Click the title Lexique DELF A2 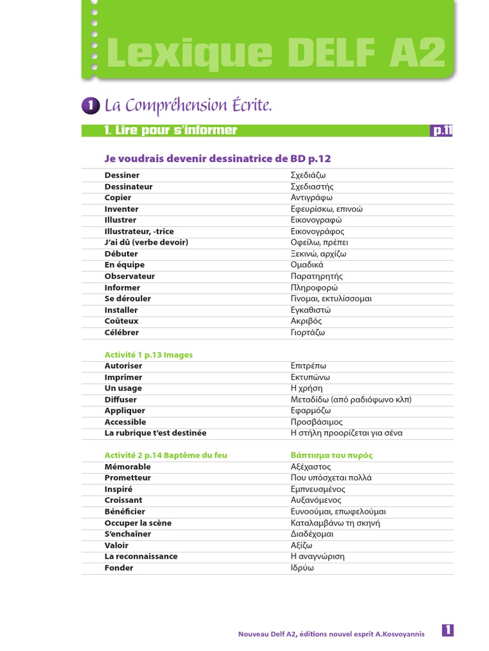click(x=275, y=54)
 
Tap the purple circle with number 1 click(x=90, y=106)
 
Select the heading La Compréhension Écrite click(x=188, y=105)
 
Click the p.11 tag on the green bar click(x=442, y=131)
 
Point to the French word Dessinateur click(x=129, y=187)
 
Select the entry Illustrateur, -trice click(x=139, y=231)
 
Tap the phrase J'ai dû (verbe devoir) click(x=146, y=242)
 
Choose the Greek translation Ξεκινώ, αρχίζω click(x=318, y=254)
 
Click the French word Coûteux click(x=122, y=321)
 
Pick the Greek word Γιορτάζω click(x=308, y=332)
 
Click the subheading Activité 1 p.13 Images click(x=148, y=355)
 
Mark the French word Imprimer click(x=124, y=377)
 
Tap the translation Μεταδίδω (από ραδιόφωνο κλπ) click(x=351, y=399)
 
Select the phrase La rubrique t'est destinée click(x=155, y=433)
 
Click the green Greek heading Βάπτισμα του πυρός click(x=331, y=455)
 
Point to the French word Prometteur click(x=128, y=477)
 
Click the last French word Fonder click(x=119, y=568)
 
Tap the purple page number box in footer click(x=448, y=631)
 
